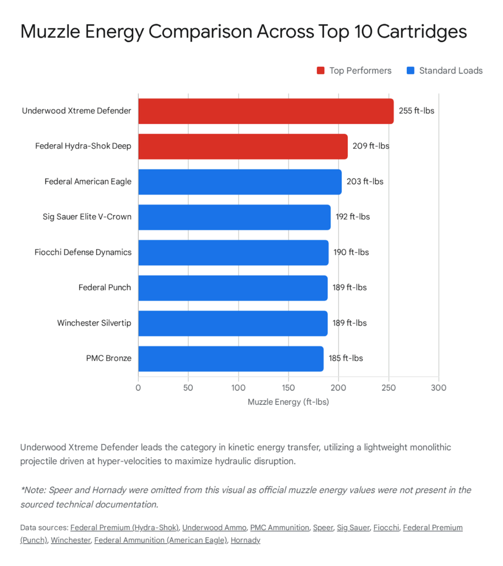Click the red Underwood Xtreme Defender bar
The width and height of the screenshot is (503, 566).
(265, 111)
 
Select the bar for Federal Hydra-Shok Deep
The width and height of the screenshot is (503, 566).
(243, 146)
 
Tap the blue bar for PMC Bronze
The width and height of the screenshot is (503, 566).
(230, 358)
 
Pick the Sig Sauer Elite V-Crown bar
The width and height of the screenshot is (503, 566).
(234, 217)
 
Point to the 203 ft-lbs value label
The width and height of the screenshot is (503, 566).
(365, 181)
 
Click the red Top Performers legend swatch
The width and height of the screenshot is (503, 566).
(321, 71)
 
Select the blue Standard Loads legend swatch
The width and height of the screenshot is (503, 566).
(410, 71)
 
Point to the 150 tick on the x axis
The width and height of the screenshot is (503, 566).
(289, 388)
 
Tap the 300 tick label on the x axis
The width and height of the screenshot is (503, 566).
(438, 388)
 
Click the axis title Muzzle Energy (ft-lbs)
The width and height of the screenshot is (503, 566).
(288, 402)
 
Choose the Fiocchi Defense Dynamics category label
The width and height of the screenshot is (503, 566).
(83, 252)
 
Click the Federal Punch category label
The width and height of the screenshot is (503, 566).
(104, 287)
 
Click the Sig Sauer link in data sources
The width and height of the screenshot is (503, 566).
(351, 527)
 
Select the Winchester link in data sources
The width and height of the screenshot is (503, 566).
(70, 540)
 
